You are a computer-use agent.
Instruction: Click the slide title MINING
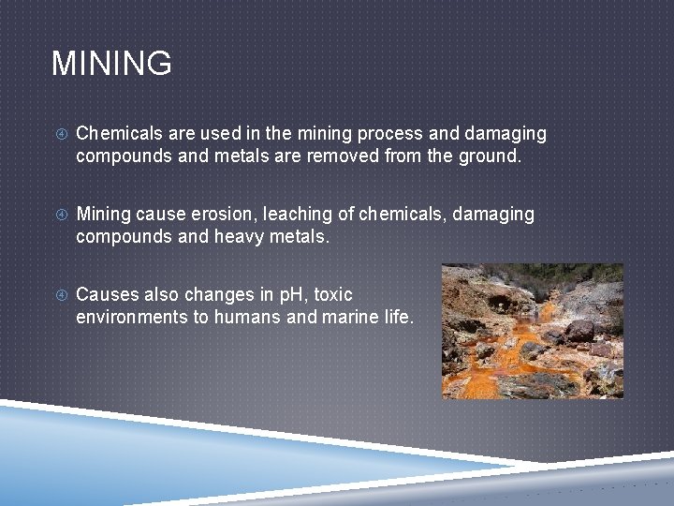pos(111,64)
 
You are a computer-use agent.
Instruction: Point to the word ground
pos(487,156)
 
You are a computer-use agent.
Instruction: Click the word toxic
pos(332,295)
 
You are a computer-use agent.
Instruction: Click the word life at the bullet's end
pos(396,318)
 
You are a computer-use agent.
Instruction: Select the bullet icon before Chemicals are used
pos(59,135)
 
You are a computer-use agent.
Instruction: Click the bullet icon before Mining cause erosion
pos(59,216)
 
